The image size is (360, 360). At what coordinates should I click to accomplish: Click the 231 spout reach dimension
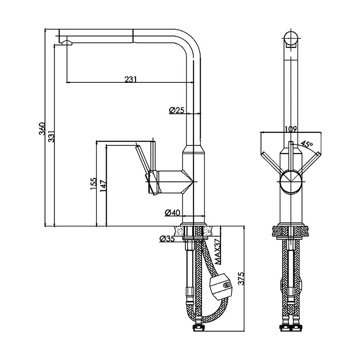pyautogui.click(x=130, y=79)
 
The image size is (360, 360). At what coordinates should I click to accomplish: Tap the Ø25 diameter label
pyautogui.click(x=176, y=110)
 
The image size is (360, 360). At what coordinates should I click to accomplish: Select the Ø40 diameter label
pyautogui.click(x=172, y=213)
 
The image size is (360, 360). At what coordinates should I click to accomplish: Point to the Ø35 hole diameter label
pyautogui.click(x=167, y=239)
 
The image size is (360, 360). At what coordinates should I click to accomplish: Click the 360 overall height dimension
pyautogui.click(x=42, y=129)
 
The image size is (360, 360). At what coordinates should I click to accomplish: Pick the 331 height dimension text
pyautogui.click(x=51, y=136)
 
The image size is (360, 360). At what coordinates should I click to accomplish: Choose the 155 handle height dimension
pyautogui.click(x=94, y=184)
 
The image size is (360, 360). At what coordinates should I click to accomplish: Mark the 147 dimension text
pyautogui.click(x=103, y=186)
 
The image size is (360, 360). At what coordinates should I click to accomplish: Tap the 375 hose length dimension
pyautogui.click(x=241, y=279)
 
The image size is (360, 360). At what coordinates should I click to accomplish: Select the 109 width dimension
pyautogui.click(x=290, y=129)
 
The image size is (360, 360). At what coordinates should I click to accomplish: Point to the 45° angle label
pyautogui.click(x=306, y=144)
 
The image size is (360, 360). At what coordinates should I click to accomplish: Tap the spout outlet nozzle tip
pyautogui.click(x=66, y=42)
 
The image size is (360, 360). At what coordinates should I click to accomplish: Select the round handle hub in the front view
pyautogui.click(x=291, y=181)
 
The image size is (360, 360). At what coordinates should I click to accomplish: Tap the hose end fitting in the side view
pyautogui.click(x=198, y=328)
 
